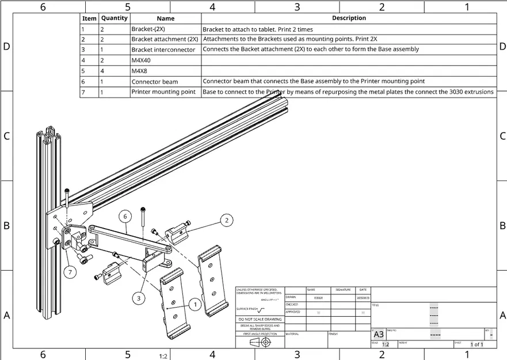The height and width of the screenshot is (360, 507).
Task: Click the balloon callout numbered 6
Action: point(124,217)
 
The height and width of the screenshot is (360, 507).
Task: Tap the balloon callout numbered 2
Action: point(227,219)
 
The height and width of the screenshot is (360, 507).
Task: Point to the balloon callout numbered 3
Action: point(139,298)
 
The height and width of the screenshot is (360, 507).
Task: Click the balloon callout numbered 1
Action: point(194,304)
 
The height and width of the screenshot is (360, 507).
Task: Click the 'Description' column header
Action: point(349,18)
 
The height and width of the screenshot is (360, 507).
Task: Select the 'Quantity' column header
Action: point(114,18)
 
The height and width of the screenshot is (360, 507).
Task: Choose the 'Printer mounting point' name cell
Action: point(165,92)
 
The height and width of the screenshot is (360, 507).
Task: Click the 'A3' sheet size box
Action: point(379,335)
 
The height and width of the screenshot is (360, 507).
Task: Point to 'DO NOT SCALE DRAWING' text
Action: point(260,319)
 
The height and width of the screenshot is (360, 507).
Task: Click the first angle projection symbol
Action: point(260,342)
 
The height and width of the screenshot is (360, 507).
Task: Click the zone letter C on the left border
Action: point(6,137)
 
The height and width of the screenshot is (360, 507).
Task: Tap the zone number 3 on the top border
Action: point(297,7)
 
